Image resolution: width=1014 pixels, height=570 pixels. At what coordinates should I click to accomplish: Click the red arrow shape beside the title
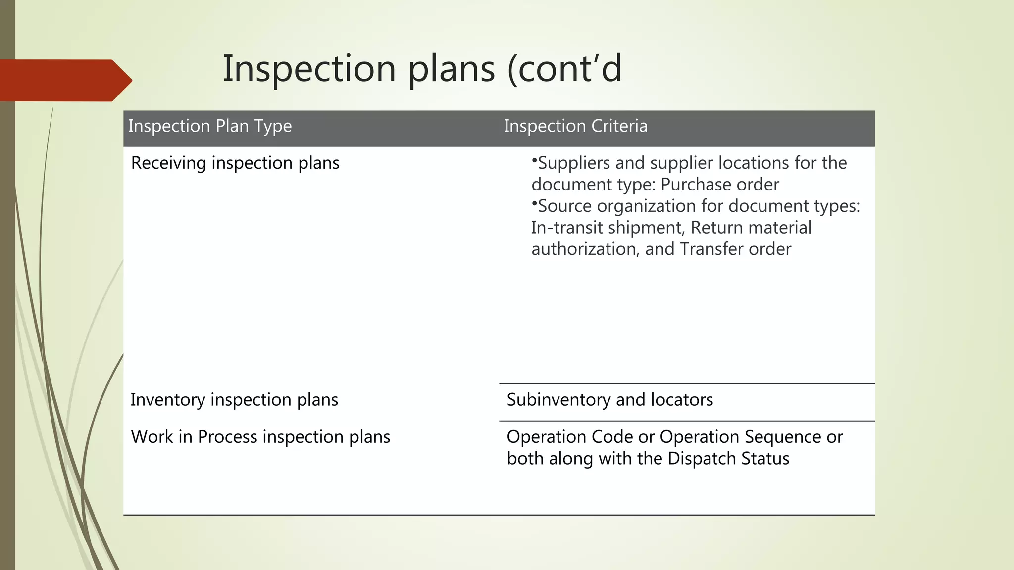tap(64, 80)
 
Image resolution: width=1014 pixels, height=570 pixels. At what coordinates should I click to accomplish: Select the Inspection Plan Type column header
tap(210, 126)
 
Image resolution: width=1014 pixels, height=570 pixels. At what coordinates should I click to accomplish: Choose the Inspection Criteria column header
tap(575, 126)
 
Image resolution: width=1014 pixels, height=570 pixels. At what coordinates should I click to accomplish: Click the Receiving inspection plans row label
tap(235, 163)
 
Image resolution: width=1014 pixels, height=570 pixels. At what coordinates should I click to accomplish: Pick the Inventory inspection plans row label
tap(234, 400)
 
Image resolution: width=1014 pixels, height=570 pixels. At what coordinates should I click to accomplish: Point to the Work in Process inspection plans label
tap(260, 437)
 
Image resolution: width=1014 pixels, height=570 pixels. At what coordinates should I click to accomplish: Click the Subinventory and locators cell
tap(609, 400)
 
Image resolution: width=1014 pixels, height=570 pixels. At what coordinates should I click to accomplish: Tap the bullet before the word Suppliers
tap(534, 161)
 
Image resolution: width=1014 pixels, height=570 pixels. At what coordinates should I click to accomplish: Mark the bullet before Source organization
tap(534, 203)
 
